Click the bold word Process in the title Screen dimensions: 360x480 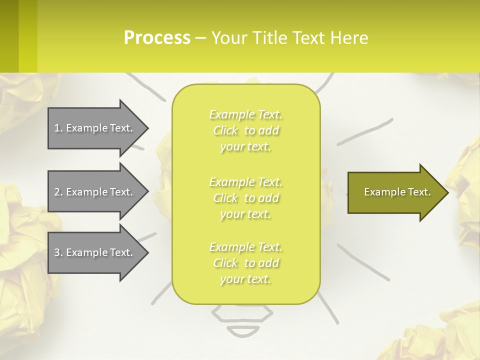click(157, 38)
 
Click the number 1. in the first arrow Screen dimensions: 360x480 click(58, 128)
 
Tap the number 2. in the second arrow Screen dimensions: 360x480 click(58, 192)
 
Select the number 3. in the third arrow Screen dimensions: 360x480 click(58, 252)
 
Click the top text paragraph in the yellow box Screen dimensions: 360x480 click(245, 130)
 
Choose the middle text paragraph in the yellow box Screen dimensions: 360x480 click(245, 198)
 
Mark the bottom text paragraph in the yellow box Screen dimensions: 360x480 click(245, 263)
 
